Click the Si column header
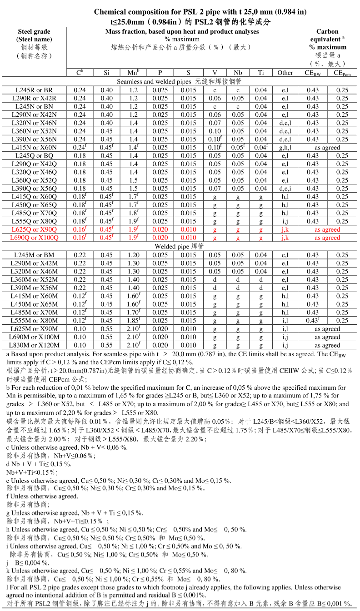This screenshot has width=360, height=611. point(106,73)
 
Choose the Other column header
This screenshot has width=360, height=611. point(285,73)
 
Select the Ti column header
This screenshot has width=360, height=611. point(261,73)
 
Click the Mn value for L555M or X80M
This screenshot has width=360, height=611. point(133,321)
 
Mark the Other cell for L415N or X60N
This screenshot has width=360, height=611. point(285,147)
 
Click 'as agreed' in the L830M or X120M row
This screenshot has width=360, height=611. point(327,345)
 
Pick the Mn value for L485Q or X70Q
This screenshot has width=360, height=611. point(133,213)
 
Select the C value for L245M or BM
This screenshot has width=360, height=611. point(80,255)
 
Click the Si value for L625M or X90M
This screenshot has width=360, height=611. point(106,329)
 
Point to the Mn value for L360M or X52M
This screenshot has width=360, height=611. point(133,280)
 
